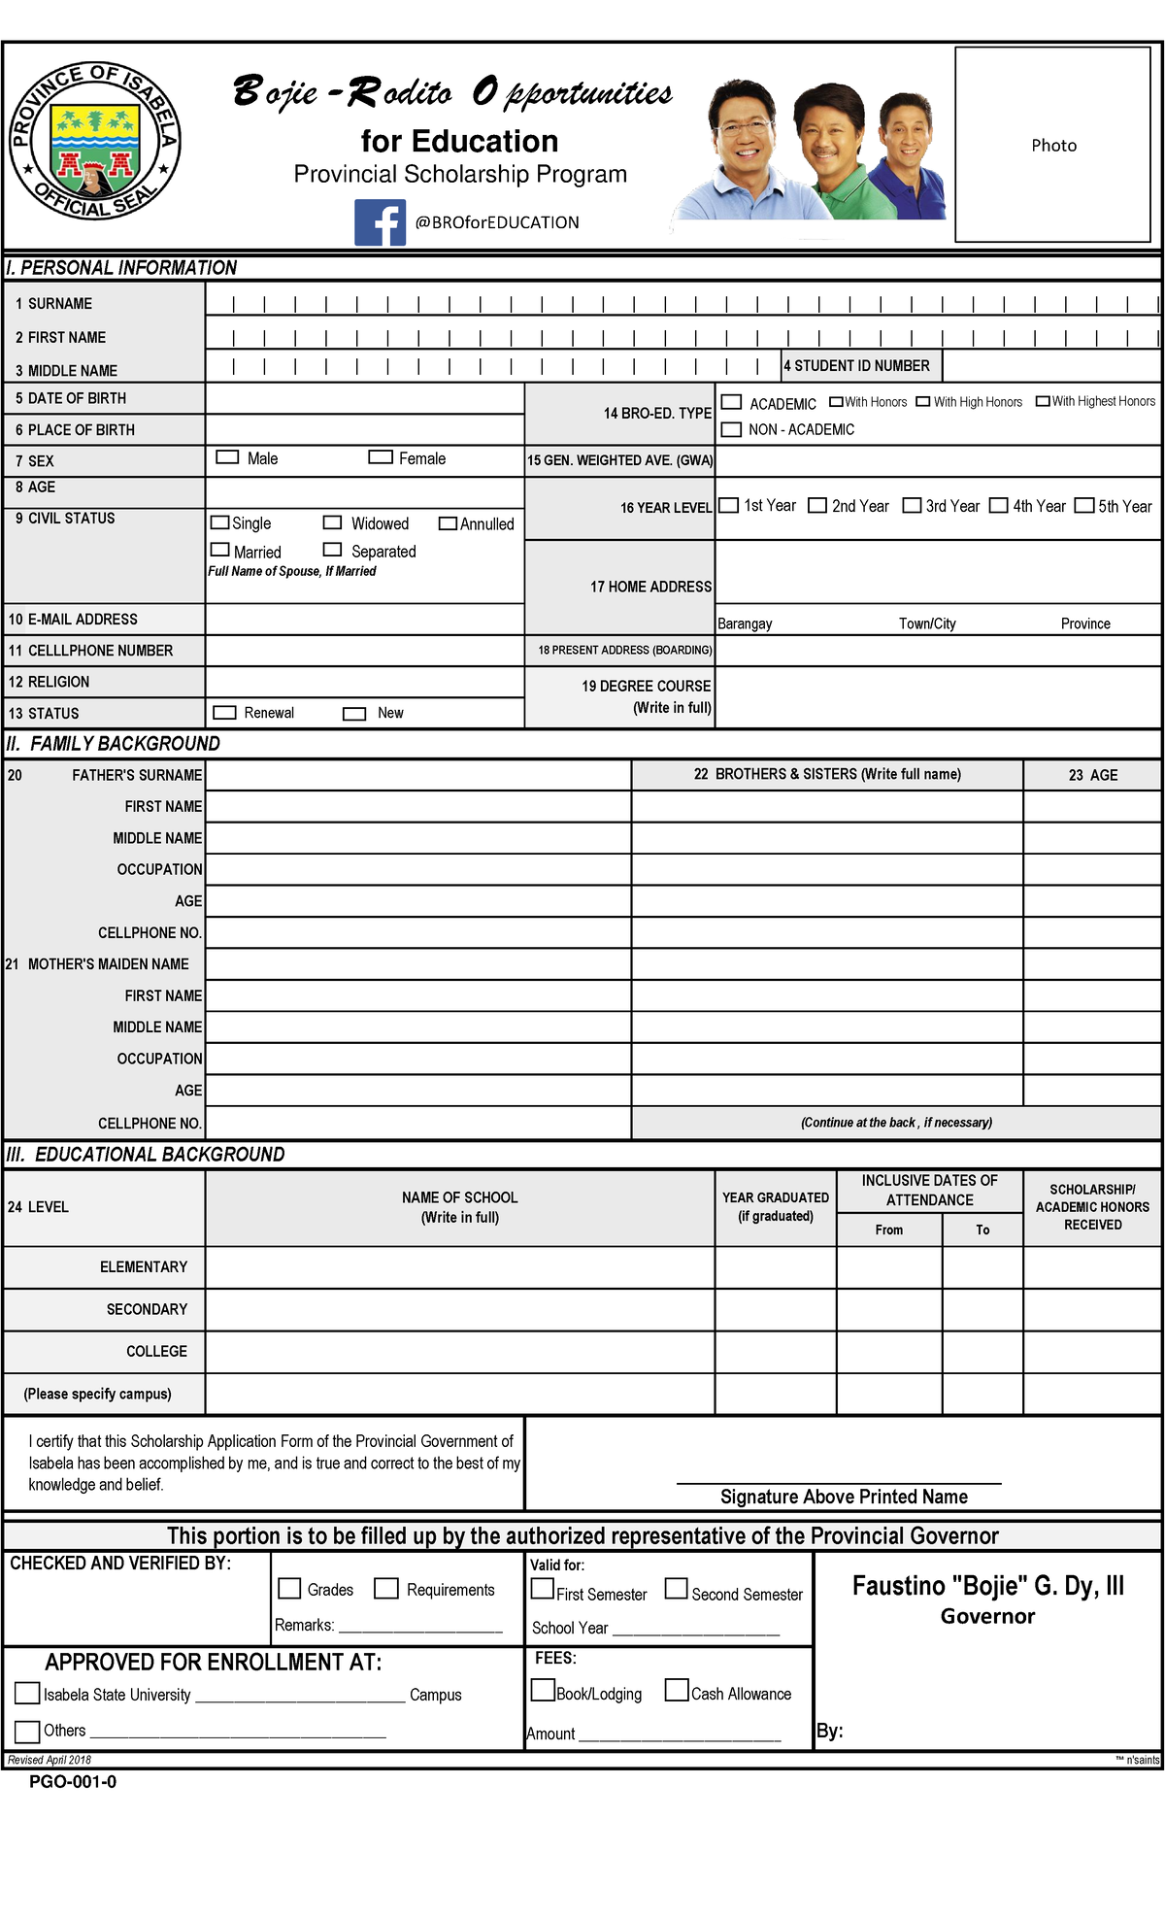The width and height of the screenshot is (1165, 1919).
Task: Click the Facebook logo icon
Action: point(380,222)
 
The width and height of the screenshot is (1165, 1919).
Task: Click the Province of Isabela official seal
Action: point(95,142)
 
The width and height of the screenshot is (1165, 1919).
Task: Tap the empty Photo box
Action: point(1053,145)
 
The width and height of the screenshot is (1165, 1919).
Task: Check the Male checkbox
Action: point(227,457)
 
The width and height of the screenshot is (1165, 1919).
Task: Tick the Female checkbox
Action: point(381,457)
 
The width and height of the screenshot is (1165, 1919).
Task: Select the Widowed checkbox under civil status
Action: point(333,522)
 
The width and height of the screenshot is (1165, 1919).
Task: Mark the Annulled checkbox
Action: point(448,523)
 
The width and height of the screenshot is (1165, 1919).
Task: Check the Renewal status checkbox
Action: point(224,713)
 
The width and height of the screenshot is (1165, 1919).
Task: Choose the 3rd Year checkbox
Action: point(912,506)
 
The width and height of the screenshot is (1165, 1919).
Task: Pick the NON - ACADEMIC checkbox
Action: point(732,429)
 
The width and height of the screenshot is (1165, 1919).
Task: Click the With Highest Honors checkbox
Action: point(1043,401)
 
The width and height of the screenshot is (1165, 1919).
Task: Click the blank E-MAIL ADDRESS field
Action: point(364,620)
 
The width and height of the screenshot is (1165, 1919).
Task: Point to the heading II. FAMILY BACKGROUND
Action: point(114,744)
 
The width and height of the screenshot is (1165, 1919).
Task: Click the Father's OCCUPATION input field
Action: point(418,869)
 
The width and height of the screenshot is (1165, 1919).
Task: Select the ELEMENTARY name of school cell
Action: point(459,1267)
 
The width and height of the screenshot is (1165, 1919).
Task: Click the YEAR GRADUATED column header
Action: point(776,1207)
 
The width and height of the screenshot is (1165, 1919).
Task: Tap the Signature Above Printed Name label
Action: point(844,1497)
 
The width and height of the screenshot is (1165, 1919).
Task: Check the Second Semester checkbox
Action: point(676,1589)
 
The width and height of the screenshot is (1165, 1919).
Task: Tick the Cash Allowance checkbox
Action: point(677,1691)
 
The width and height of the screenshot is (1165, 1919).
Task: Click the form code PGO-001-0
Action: point(73,1782)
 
